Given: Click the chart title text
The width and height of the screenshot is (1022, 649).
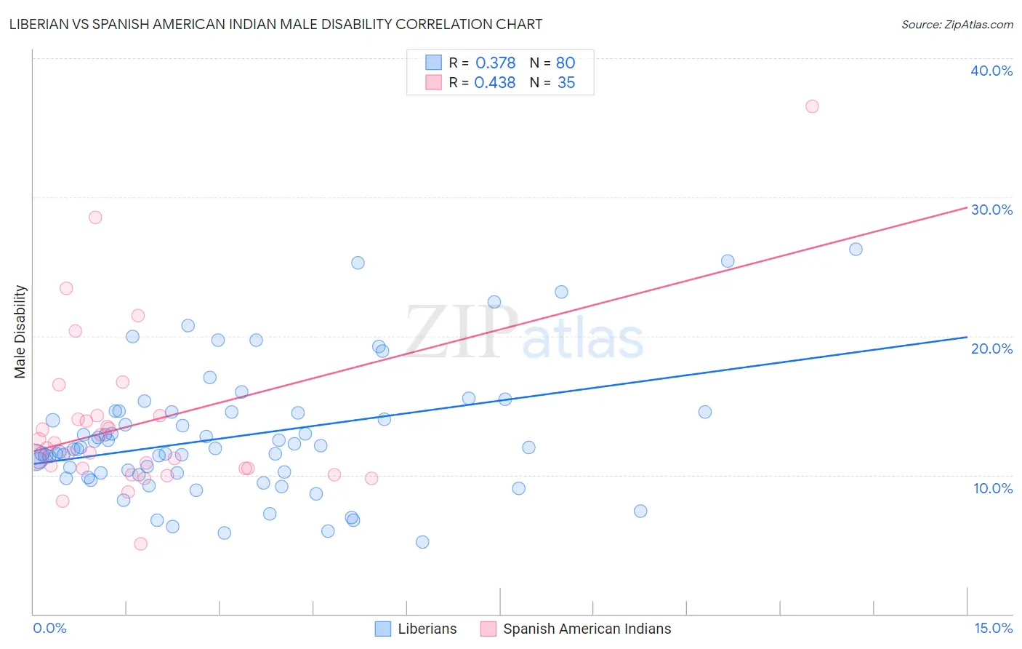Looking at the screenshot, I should (275, 24).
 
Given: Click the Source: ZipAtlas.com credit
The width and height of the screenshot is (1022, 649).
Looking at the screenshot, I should (957, 24).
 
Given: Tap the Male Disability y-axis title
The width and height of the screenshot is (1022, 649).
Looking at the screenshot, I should (20, 331).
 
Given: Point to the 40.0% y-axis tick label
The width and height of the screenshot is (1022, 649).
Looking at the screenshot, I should (991, 71).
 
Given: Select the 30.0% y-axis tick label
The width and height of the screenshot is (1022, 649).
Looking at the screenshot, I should (991, 210).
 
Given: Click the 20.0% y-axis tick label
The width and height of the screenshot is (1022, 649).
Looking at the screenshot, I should (991, 349).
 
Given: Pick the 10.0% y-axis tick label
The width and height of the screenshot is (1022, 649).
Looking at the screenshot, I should (993, 488).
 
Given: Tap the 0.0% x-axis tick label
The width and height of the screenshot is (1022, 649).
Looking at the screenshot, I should (49, 628).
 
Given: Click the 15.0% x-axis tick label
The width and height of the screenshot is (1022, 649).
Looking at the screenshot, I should (993, 628).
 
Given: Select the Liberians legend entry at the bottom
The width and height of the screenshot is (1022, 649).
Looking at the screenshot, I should (417, 629).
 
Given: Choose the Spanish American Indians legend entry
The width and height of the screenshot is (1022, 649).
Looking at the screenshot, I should (576, 629).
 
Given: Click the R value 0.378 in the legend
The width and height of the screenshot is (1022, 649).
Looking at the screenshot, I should (495, 63).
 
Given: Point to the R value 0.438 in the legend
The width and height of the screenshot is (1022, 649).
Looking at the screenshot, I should (495, 83).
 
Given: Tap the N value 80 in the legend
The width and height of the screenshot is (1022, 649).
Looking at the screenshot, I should (566, 63).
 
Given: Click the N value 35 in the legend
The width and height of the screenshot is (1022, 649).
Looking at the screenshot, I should (566, 83).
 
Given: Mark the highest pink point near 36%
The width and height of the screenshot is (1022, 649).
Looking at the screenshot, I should (812, 106).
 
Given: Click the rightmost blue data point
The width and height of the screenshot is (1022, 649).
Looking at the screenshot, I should (856, 249).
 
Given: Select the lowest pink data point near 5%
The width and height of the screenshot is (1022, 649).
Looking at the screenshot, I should (141, 544).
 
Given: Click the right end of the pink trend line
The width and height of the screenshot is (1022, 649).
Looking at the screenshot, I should (967, 207).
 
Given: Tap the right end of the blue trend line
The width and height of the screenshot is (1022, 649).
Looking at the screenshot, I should (967, 337).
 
